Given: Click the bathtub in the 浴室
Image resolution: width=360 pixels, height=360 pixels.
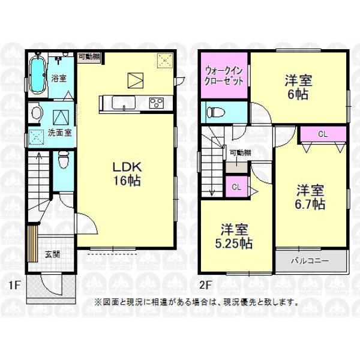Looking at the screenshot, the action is pos(37,73).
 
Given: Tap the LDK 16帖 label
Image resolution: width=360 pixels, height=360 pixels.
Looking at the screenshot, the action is pos(127,174).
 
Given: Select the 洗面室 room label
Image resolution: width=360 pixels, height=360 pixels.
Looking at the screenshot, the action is pos(59,133).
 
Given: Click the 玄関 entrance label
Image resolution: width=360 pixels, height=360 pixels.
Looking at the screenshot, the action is pos(52,254).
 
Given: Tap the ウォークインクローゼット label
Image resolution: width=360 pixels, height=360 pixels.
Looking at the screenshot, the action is pos(224,76).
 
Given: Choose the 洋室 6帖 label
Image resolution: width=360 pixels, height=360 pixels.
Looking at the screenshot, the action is pos(298,87).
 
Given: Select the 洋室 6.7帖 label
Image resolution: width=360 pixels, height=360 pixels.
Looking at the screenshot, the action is pos(310,197).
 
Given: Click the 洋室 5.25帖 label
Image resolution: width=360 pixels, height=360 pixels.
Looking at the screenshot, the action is pos(234,236).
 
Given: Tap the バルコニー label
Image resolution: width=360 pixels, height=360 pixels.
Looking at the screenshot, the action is pos(310,261).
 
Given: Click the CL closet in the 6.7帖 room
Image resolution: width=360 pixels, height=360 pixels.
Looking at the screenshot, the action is pos(323,134).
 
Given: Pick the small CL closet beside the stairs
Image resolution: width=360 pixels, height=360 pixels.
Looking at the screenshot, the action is pos(236,187).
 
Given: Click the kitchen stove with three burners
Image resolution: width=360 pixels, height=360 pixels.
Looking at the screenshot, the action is pos(157,103).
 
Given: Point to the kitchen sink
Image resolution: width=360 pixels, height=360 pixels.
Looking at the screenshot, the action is pos(124,103).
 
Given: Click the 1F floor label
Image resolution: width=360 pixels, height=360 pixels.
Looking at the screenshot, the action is pos(14,285).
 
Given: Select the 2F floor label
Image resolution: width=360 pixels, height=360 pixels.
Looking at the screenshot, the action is pos(205,285).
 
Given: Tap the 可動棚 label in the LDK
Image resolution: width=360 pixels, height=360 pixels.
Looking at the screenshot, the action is pos(89,56).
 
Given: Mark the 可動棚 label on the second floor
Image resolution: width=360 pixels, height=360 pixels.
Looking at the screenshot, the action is pos(241,152).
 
